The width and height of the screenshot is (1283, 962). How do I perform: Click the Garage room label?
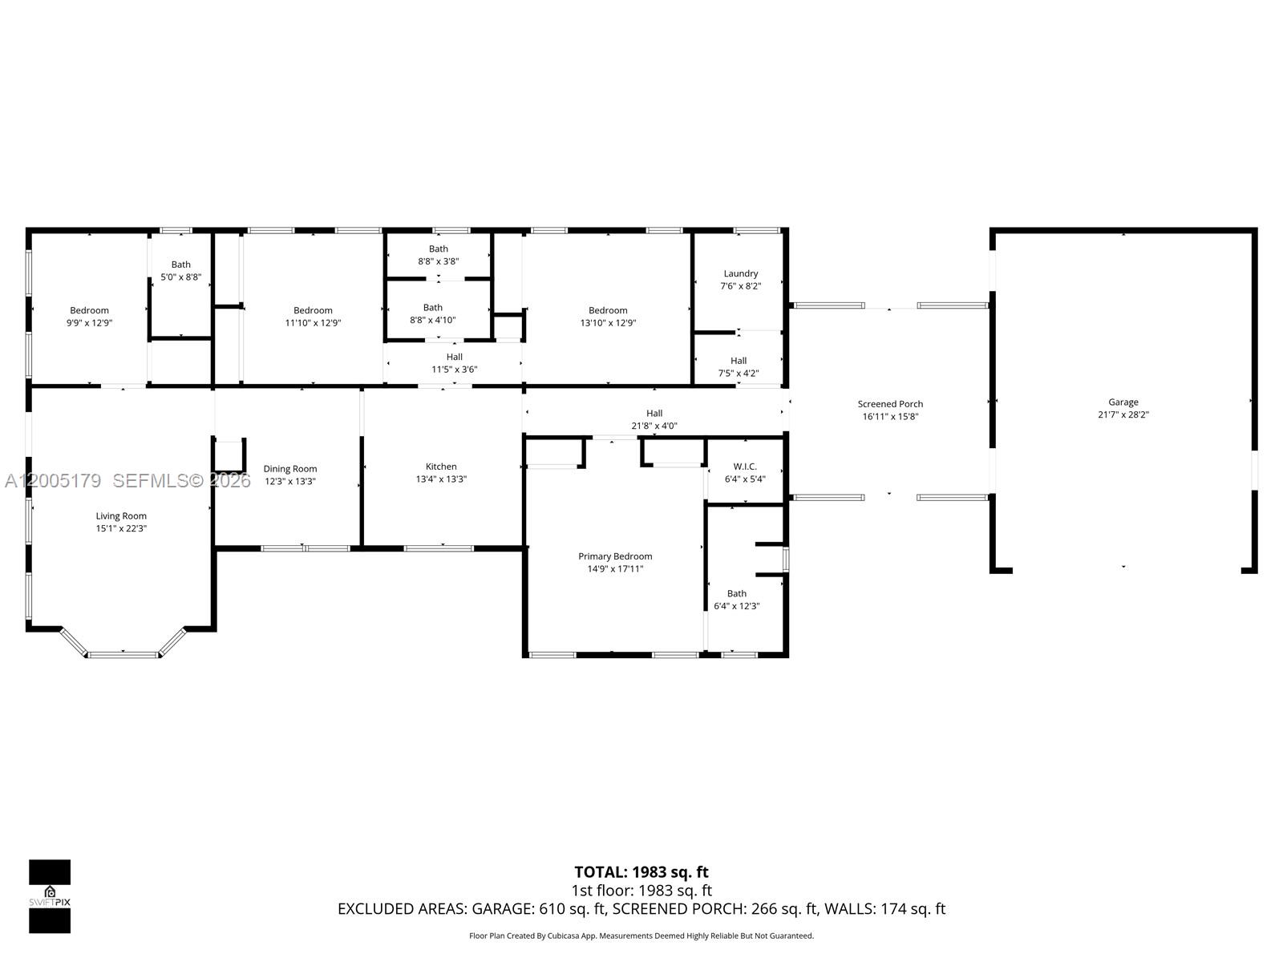[1123, 402]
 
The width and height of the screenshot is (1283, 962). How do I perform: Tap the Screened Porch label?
[890, 403]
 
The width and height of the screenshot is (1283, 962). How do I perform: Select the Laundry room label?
[741, 273]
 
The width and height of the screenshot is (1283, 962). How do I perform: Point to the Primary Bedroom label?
[615, 556]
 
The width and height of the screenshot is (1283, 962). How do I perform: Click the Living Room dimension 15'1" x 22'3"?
[121, 528]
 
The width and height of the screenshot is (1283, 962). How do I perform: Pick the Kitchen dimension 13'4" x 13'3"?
[441, 479]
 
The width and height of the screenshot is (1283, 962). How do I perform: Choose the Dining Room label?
[290, 468]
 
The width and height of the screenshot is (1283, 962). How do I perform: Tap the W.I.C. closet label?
[745, 466]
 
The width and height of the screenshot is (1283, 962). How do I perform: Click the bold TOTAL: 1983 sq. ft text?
[641, 872]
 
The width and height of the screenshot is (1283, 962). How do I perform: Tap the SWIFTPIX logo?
[50, 896]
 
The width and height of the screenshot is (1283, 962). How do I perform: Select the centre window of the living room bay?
[123, 655]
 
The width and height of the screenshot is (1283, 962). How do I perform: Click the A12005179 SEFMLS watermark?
[128, 481]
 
